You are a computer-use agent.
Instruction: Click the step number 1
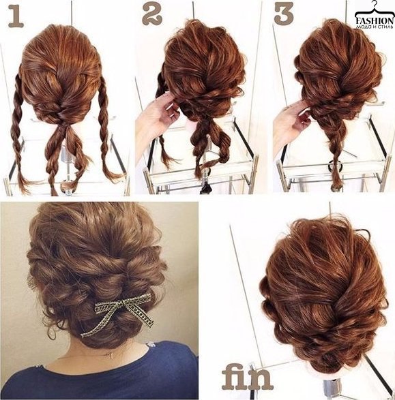click(16, 16)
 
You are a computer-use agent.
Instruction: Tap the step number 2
click(152, 15)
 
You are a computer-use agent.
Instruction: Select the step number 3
click(284, 14)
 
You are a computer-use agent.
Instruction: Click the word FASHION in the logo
click(375, 20)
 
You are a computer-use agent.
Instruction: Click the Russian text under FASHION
click(375, 27)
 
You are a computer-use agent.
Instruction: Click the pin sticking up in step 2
click(194, 11)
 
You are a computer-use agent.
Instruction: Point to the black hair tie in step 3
click(335, 164)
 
